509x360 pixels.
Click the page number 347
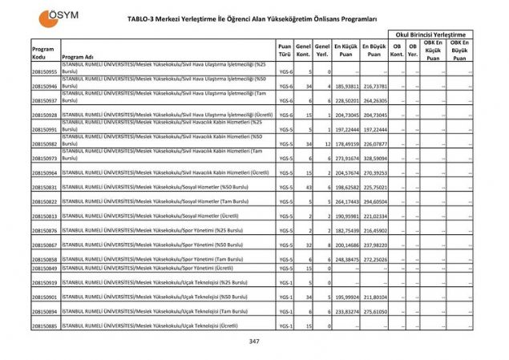click(254, 341)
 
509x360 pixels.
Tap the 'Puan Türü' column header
click(284, 51)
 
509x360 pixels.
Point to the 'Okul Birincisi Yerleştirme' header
click(429, 34)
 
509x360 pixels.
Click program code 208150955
click(44, 71)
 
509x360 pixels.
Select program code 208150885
click(44, 326)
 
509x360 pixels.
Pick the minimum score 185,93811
click(345, 86)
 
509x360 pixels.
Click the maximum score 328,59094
click(374, 159)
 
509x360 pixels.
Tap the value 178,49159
click(345, 144)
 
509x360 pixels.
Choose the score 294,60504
click(374, 202)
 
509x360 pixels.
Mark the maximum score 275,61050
click(374, 311)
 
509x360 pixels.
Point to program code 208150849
click(44, 268)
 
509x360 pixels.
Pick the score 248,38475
click(345, 260)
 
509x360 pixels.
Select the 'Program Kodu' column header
click(43, 53)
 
